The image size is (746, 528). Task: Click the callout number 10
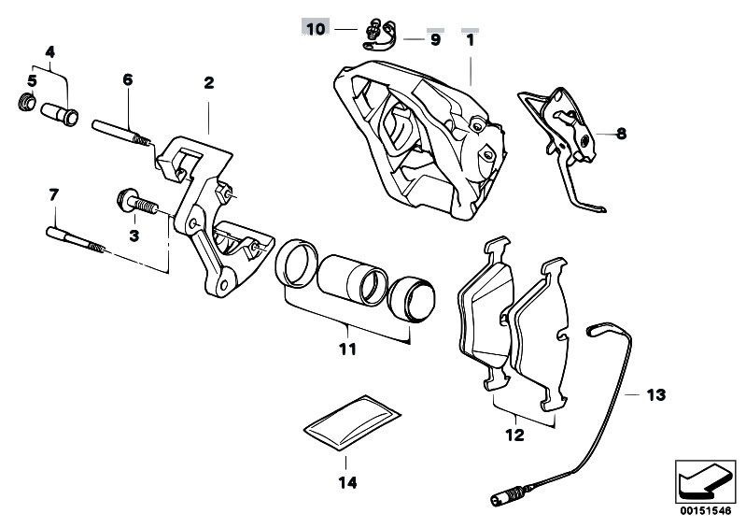point(316,29)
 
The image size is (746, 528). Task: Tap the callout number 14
point(347,483)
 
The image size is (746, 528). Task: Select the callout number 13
point(656,394)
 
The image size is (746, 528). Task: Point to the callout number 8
point(621,134)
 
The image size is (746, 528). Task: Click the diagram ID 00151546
point(705,511)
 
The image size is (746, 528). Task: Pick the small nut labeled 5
point(27,103)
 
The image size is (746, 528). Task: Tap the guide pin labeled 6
point(121,133)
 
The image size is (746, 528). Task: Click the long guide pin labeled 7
point(76,239)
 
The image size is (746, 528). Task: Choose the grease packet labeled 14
point(352,422)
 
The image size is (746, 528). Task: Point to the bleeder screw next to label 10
point(373,29)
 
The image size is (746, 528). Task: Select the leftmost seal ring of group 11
point(296,264)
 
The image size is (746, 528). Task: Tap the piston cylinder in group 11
point(352,280)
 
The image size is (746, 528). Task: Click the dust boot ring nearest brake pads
point(412,299)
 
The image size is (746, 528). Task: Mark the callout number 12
point(514,435)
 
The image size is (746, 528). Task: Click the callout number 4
point(50,52)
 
